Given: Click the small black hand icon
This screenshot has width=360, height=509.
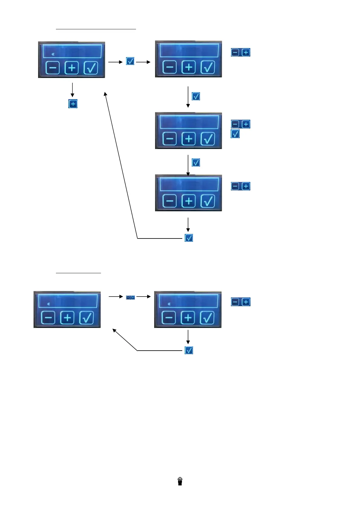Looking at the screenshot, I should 180,481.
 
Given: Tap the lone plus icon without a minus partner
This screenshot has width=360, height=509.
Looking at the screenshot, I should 73,104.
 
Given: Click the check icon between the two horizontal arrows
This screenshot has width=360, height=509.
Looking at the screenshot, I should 130,61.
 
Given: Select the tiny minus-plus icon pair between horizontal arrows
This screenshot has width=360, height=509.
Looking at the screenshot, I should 130,297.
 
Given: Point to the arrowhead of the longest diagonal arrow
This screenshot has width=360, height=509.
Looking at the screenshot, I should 105,93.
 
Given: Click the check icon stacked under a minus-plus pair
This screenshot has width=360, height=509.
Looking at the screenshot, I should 235,134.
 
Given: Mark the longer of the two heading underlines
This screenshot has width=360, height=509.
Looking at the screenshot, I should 96,29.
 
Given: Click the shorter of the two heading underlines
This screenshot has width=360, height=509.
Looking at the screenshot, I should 78,273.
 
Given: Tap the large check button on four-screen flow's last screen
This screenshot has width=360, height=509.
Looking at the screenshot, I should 208,201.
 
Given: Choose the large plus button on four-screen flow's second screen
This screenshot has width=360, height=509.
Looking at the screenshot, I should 189,67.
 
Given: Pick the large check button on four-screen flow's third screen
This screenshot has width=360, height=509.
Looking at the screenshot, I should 208,139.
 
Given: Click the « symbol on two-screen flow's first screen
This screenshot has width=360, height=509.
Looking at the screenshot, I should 48,304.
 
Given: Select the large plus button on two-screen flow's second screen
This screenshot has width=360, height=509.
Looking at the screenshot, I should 188,318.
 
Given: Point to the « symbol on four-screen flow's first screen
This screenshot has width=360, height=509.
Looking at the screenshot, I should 53,54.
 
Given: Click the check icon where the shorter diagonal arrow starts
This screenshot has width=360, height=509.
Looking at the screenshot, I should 189,350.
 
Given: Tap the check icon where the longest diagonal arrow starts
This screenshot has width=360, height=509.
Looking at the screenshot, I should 189,238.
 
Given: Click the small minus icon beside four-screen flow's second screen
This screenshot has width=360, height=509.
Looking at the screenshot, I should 235,52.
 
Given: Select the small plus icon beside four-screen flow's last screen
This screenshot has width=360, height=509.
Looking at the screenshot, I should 246,186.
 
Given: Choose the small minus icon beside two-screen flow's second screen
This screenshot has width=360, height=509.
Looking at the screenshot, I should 235,302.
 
